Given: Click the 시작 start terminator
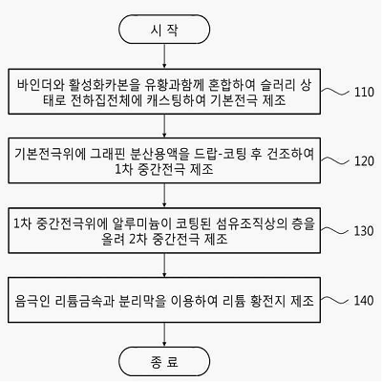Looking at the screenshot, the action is pyautogui.click(x=164, y=30).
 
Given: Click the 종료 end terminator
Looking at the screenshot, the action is pyautogui.click(x=164, y=362).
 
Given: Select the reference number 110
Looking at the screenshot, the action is pyautogui.click(x=364, y=92).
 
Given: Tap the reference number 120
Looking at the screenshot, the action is pyautogui.click(x=364, y=161).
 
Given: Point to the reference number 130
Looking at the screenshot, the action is pyautogui.click(x=364, y=231).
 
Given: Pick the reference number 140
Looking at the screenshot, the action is pyautogui.click(x=364, y=301).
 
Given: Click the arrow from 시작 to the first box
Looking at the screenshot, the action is pyautogui.click(x=164, y=56).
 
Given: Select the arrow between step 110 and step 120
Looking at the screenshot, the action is pyautogui.click(x=164, y=126).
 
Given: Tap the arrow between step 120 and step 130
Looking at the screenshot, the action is pyautogui.click(x=164, y=195).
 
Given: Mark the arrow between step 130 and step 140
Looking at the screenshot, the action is pyautogui.click(x=164, y=265).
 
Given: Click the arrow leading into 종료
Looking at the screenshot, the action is pyautogui.click(x=164, y=334).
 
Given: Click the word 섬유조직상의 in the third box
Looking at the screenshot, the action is pyautogui.click(x=249, y=223).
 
